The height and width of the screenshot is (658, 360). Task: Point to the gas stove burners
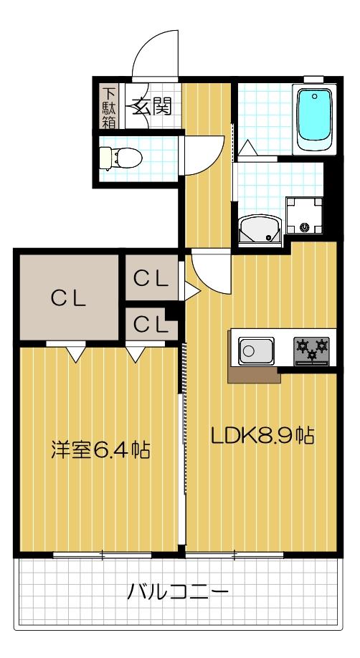[x=312, y=349]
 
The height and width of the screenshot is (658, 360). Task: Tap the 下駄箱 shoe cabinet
[x=108, y=107]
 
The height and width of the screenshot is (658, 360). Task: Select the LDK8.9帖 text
[x=262, y=435]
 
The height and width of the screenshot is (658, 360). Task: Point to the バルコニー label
[x=179, y=592]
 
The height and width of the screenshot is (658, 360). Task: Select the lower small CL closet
[x=151, y=325]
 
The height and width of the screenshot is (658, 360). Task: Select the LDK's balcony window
[x=235, y=554]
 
